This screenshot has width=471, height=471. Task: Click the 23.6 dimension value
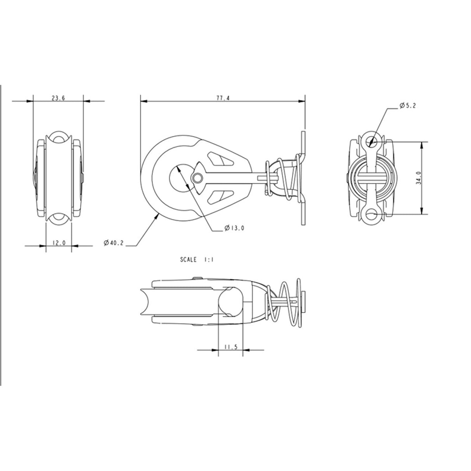pyautogui.click(x=58, y=99)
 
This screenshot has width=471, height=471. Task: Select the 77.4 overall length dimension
pyautogui.click(x=223, y=99)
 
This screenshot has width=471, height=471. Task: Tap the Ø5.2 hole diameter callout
pyautogui.click(x=407, y=106)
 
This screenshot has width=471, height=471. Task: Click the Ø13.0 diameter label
pyautogui.click(x=234, y=228)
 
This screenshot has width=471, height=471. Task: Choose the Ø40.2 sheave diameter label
pyautogui.click(x=113, y=242)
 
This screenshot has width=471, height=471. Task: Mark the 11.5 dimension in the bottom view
pyautogui.click(x=230, y=347)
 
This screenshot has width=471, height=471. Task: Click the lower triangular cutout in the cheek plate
pyautogui.click(x=219, y=196)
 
